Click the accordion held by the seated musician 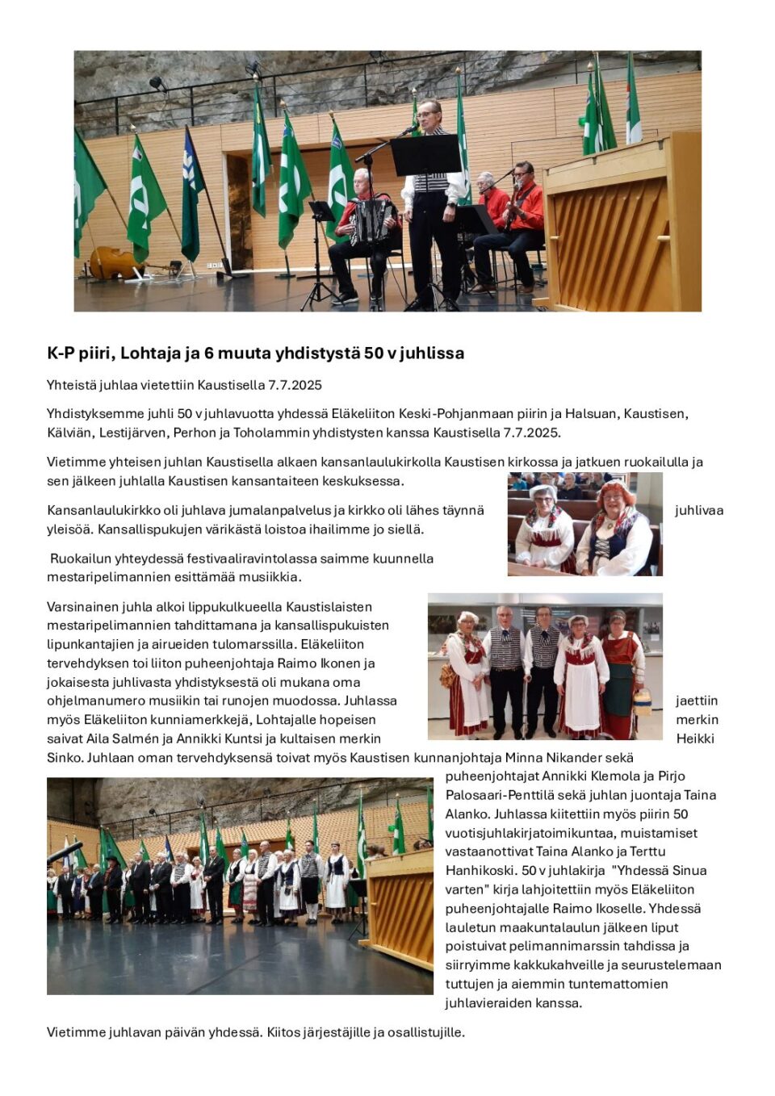click(372, 220)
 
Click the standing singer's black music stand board click(425, 155)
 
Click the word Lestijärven click(134, 433)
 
